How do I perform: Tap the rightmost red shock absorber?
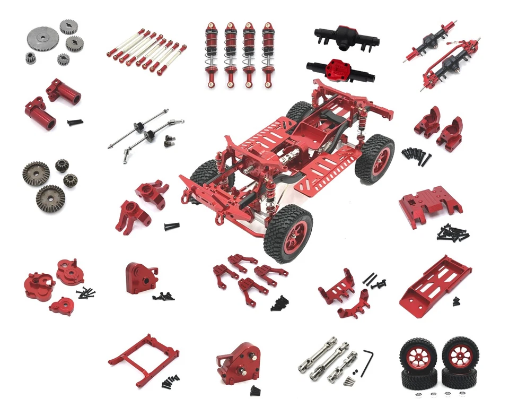268,53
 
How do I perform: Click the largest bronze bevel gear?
51,197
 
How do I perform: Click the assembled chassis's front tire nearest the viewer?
286,232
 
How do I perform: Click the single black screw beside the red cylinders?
75,122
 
